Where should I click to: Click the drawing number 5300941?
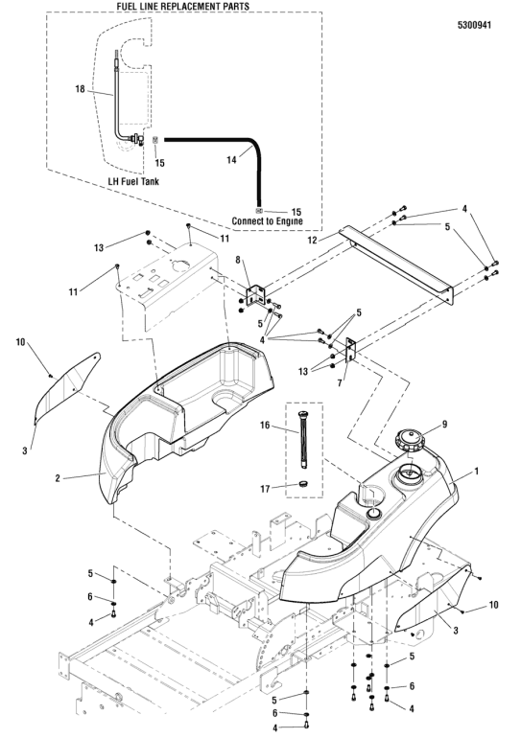click(x=474, y=25)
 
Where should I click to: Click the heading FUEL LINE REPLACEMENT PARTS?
click(x=182, y=6)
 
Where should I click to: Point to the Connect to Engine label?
click(x=267, y=220)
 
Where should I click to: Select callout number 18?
click(x=80, y=89)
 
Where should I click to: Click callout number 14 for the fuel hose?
click(x=231, y=160)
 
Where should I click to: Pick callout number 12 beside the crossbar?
click(x=313, y=240)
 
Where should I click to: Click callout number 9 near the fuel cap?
click(x=444, y=425)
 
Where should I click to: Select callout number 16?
click(x=265, y=426)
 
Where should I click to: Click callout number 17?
click(x=265, y=489)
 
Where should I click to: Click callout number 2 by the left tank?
click(x=58, y=478)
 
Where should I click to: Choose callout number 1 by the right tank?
click(x=476, y=471)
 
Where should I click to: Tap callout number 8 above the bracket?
click(x=237, y=260)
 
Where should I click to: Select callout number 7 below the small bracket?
click(x=339, y=383)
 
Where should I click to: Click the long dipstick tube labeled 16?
click(x=302, y=440)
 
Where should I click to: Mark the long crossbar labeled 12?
click(x=395, y=264)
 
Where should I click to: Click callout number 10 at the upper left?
click(x=20, y=342)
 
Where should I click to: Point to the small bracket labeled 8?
click(x=257, y=294)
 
